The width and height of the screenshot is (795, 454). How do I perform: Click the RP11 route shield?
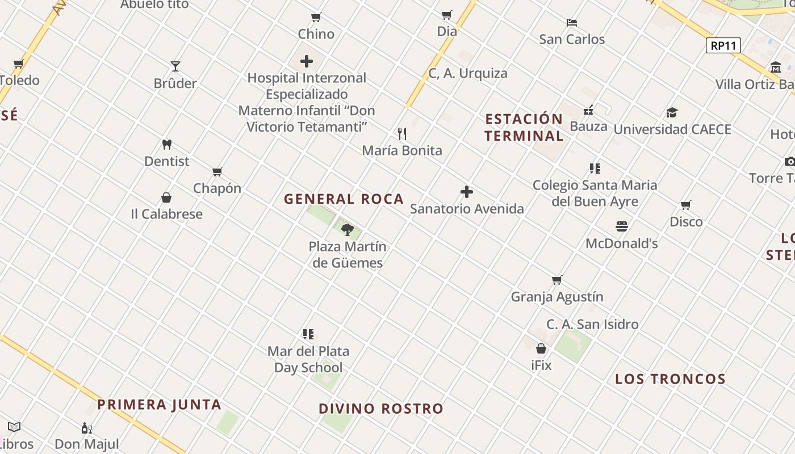tap(723, 45)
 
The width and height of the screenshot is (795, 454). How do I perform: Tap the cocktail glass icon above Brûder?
tap(175, 66)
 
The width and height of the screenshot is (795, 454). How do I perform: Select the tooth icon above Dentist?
tap(166, 145)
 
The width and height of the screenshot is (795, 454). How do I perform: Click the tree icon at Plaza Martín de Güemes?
tap(348, 230)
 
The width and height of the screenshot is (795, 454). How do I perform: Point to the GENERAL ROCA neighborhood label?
tap(344, 199)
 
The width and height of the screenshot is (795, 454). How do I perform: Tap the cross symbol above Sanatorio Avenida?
tap(467, 192)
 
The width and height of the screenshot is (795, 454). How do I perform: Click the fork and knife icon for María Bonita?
tap(402, 134)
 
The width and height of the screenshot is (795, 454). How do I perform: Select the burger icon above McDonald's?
tap(622, 226)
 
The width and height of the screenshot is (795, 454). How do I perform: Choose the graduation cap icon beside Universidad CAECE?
tap(672, 112)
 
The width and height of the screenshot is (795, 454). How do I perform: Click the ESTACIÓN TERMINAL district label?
tap(524, 127)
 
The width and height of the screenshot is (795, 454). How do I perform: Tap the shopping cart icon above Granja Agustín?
tap(557, 280)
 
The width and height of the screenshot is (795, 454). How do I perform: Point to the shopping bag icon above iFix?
tap(541, 348)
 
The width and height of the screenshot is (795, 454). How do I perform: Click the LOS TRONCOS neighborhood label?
tap(670, 379)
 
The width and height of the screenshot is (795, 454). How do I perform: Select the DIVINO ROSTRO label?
tap(381, 409)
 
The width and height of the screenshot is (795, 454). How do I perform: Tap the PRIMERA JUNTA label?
tap(159, 405)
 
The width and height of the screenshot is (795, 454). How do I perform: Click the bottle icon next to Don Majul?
tap(86, 428)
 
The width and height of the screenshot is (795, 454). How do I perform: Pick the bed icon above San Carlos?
tap(572, 23)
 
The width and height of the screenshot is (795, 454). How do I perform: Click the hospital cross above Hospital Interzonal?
tap(307, 61)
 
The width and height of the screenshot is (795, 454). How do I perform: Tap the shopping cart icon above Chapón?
tap(217, 171)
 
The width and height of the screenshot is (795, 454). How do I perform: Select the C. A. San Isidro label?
tap(592, 325)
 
